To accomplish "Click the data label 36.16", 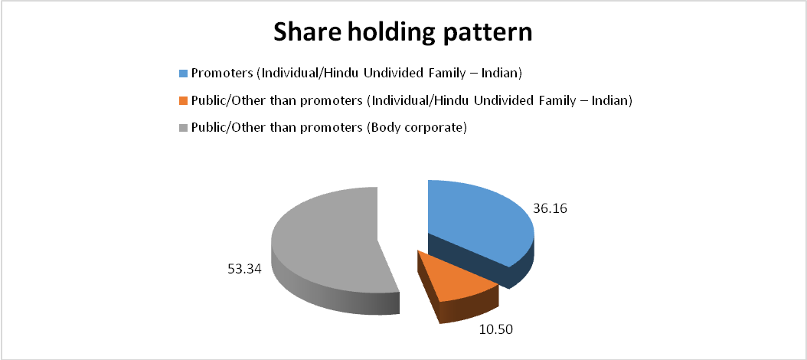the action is (x=551, y=210).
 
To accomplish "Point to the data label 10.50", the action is (x=492, y=329).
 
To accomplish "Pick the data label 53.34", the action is (x=244, y=268).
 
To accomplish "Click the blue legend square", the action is (x=183, y=73).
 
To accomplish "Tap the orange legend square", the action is (x=183, y=101).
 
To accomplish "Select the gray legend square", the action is (x=183, y=128).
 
